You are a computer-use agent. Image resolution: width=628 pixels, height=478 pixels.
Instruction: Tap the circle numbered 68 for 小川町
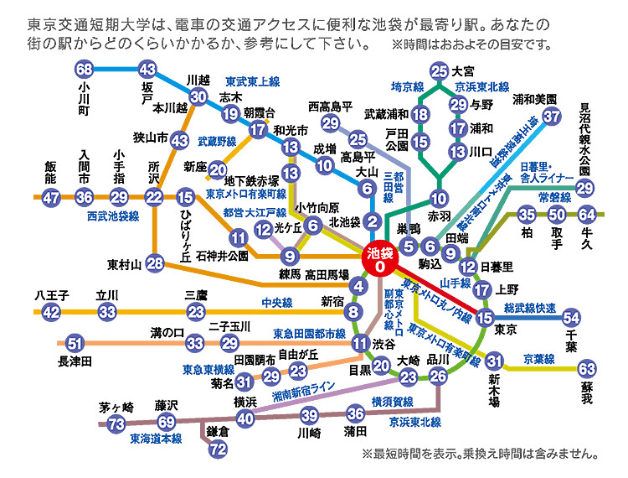(x=84, y=70)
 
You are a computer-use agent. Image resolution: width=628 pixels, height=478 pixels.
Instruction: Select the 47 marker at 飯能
(x=51, y=197)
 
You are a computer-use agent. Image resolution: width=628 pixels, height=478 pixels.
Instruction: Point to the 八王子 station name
(x=51, y=295)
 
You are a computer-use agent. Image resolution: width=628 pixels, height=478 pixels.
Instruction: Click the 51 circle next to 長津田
(x=75, y=343)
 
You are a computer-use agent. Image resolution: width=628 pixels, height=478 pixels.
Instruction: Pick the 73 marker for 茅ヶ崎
(x=116, y=423)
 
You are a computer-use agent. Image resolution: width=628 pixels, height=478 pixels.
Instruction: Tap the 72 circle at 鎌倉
(x=218, y=449)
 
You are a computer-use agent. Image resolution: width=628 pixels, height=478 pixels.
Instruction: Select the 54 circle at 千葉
(x=571, y=317)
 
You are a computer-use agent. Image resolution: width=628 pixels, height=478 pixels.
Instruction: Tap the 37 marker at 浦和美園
(x=551, y=117)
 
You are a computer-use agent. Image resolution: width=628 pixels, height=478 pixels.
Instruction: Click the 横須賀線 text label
(x=392, y=401)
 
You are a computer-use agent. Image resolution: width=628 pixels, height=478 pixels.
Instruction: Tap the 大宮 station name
(x=463, y=70)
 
